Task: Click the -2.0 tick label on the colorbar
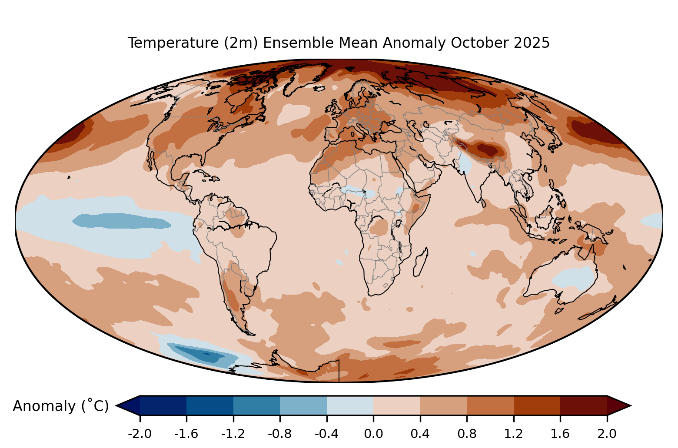click(x=140, y=434)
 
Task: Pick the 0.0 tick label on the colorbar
click(x=373, y=434)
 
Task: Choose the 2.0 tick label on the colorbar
click(x=607, y=434)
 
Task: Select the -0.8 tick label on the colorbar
click(x=280, y=434)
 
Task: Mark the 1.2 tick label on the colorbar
click(x=513, y=434)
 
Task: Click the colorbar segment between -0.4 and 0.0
click(x=350, y=405)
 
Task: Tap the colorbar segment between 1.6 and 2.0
click(x=584, y=405)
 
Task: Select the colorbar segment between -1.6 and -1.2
click(x=210, y=405)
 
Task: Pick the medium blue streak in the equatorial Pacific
click(x=122, y=221)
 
